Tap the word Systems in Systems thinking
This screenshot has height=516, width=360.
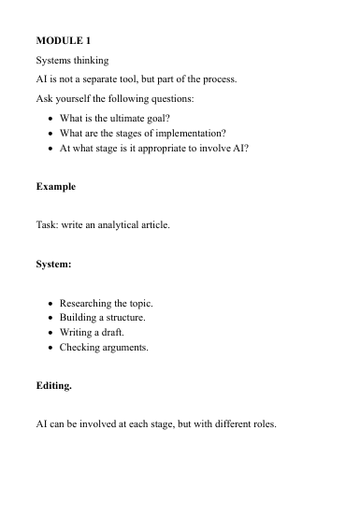tap(55, 60)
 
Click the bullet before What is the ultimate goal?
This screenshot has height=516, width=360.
tap(49, 119)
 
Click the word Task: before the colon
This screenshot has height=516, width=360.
tap(47, 225)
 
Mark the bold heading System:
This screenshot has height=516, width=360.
tap(53, 265)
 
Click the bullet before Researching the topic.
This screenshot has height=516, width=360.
tap(49, 304)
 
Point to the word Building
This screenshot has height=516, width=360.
tap(79, 318)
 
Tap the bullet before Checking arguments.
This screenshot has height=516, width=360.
tap(49, 347)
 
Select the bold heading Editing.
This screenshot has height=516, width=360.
tap(53, 384)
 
